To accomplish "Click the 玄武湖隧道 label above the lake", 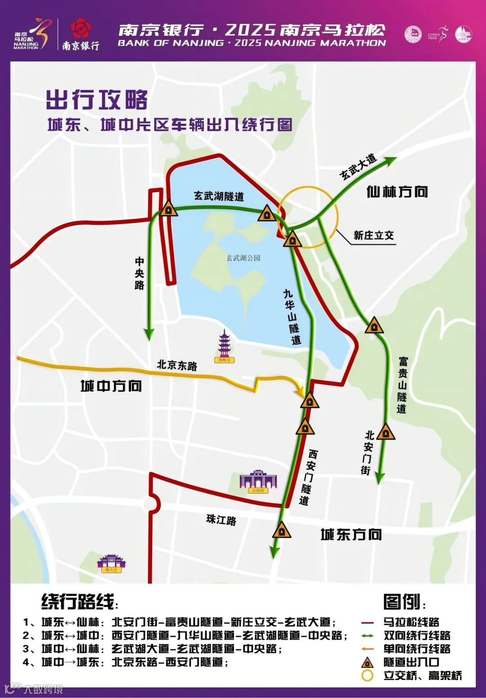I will click(x=219, y=196).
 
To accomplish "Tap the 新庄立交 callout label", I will click(x=373, y=235).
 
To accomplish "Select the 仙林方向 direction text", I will click(x=397, y=192).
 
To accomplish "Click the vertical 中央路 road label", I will click(x=139, y=273).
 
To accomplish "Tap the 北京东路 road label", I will click(x=177, y=365).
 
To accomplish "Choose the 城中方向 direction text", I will click(x=111, y=386).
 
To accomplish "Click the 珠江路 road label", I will click(x=221, y=520).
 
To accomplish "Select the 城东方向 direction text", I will click(x=351, y=535).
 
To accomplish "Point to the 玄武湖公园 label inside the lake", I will click(x=243, y=258).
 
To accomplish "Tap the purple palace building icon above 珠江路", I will click(x=258, y=481).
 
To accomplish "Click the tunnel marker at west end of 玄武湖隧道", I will click(x=168, y=208).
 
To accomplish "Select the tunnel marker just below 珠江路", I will click(x=282, y=530).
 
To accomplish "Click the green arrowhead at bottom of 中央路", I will click(x=149, y=334).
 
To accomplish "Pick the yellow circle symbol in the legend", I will click(x=368, y=675).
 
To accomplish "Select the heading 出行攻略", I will click(x=97, y=100).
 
